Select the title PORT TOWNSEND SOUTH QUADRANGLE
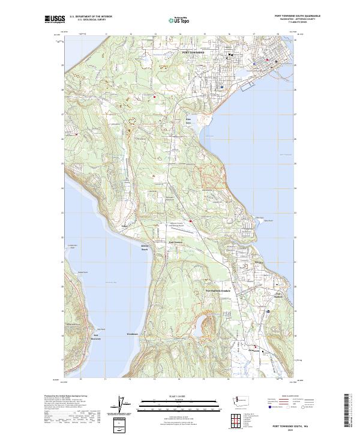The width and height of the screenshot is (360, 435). tap(297, 16)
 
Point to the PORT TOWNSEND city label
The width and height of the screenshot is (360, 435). tap(193, 53)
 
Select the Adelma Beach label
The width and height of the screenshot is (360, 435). tap(144, 248)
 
